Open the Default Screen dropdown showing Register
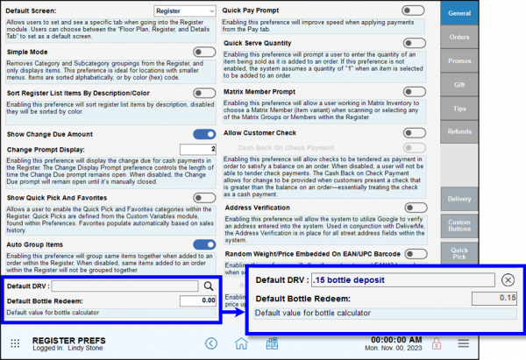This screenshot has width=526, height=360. tap(184, 11)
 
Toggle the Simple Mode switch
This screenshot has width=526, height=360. tap(203, 53)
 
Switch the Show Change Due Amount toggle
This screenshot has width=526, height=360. tap(203, 134)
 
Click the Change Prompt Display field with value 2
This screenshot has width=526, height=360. tap(198, 149)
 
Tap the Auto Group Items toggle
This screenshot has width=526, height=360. tap(203, 244)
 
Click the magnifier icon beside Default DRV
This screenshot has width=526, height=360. tap(210, 286)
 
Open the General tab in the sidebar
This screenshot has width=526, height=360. tap(459, 14)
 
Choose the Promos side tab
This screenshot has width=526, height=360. tap(459, 60)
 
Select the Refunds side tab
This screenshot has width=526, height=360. tap(459, 131)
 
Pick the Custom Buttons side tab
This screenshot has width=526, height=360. tap(459, 225)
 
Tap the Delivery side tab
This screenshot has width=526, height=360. tap(459, 199)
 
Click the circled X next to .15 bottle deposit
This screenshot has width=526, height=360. tap(508, 279)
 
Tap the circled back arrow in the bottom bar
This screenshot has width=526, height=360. tap(210, 342)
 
